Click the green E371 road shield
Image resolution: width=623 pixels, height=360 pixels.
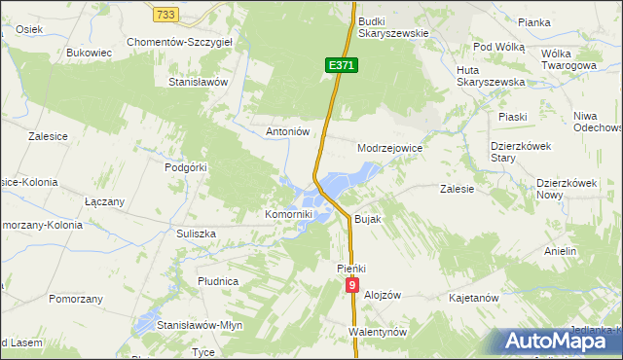[343, 65]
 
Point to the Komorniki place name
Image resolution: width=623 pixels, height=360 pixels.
[289, 214]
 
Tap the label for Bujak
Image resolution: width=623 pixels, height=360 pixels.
[367, 220]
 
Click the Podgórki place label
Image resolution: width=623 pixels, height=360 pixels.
[187, 167]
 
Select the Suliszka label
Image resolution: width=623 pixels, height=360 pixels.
[196, 234]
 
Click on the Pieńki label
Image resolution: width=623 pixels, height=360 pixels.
[349, 267]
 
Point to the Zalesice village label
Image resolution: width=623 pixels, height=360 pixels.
[34, 136]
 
